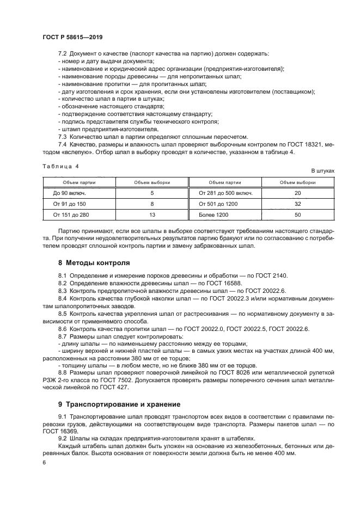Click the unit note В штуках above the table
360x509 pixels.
322,170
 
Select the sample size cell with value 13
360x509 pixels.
152,215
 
